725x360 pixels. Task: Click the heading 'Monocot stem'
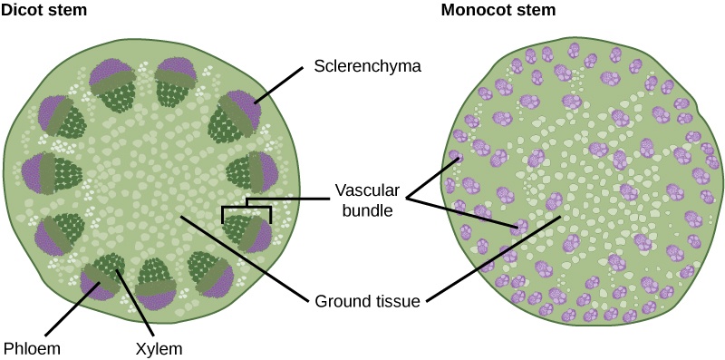pos(498,11)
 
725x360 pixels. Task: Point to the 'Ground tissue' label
pos(366,300)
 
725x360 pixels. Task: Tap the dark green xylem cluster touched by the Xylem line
pos(112,266)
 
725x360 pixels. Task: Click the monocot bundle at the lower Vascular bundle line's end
pos(518,224)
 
